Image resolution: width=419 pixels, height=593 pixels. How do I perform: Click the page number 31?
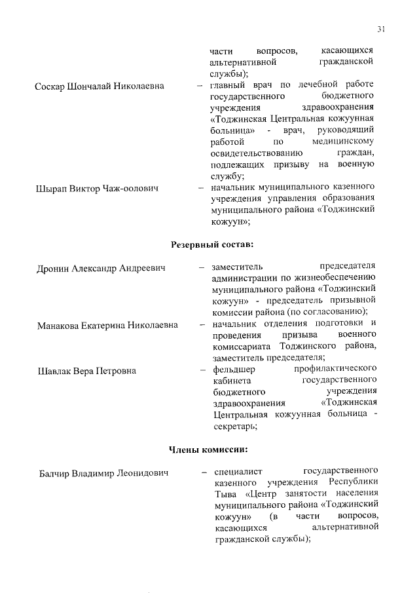pyautogui.click(x=382, y=29)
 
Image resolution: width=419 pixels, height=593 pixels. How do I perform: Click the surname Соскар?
pyautogui.click(x=50, y=86)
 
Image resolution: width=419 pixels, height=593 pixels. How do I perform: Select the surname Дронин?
pyautogui.click(x=52, y=268)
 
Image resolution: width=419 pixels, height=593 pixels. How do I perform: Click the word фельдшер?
pyautogui.click(x=232, y=369)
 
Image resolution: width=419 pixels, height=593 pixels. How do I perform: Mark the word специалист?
pyautogui.click(x=236, y=471)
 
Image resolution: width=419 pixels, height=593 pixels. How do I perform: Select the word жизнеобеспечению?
pyautogui.click(x=334, y=277)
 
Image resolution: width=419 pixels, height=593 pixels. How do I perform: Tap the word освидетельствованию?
pyautogui.click(x=257, y=153)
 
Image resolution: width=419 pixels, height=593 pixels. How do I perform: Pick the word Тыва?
pyautogui.click(x=225, y=494)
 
